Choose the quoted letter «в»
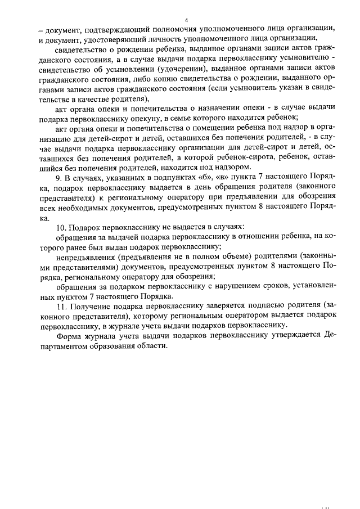[x=211, y=177]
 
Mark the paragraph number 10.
[x=63, y=228]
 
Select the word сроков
[x=267, y=286]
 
